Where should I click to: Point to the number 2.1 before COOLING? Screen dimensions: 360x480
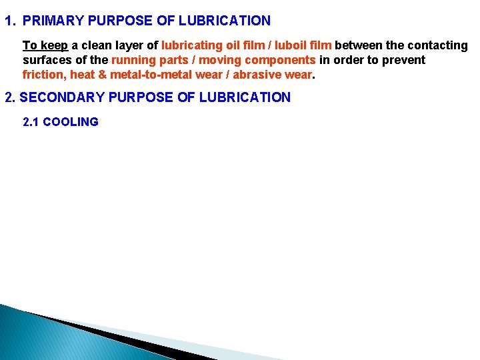[31, 122]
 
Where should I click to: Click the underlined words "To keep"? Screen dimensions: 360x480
[45, 45]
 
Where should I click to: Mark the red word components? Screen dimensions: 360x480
[279, 60]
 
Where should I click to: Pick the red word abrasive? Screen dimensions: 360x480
[255, 75]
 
